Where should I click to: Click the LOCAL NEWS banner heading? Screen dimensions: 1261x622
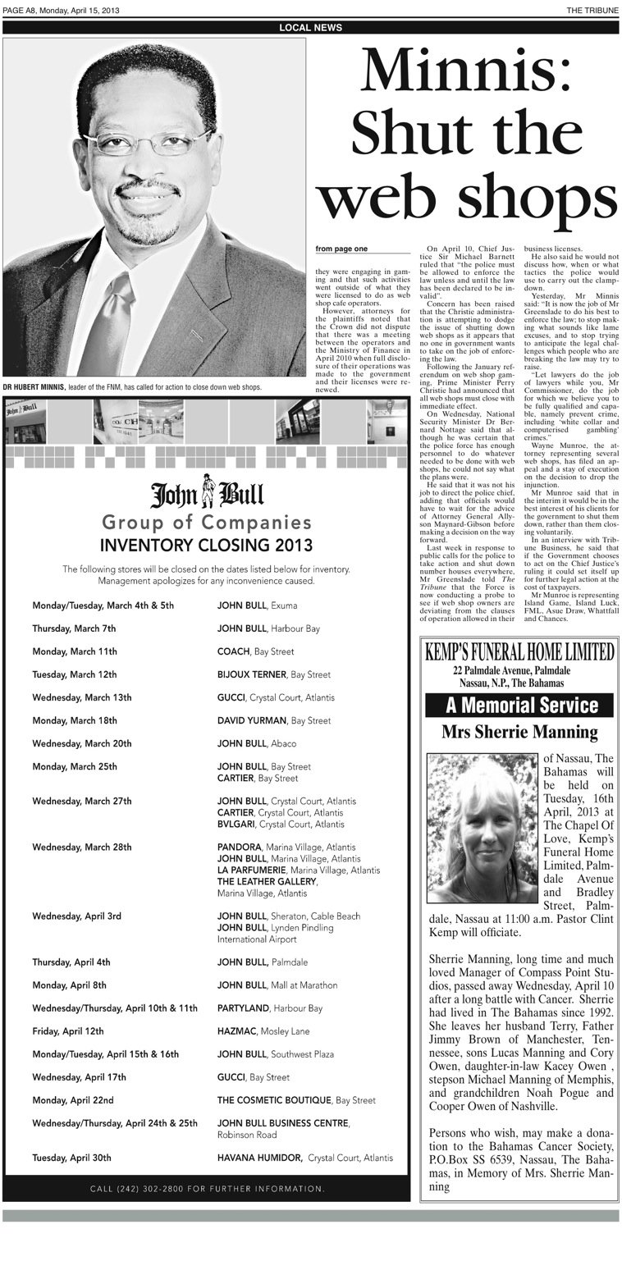coord(310,27)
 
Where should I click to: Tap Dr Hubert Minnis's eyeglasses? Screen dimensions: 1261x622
coord(148,142)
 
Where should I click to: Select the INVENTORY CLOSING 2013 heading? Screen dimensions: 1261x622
coord(206,545)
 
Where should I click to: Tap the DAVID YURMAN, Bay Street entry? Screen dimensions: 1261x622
coord(273,720)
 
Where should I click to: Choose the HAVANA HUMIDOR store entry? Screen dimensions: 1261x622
coord(304,1158)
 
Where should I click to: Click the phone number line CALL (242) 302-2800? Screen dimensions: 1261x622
coord(207,1188)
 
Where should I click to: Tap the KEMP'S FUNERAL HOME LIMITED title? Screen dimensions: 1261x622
coord(519,652)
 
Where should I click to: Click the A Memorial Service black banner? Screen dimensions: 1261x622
coord(521,705)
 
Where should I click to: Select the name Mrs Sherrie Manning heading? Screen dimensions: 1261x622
coord(519,732)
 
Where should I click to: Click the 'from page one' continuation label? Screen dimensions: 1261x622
coord(342,249)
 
